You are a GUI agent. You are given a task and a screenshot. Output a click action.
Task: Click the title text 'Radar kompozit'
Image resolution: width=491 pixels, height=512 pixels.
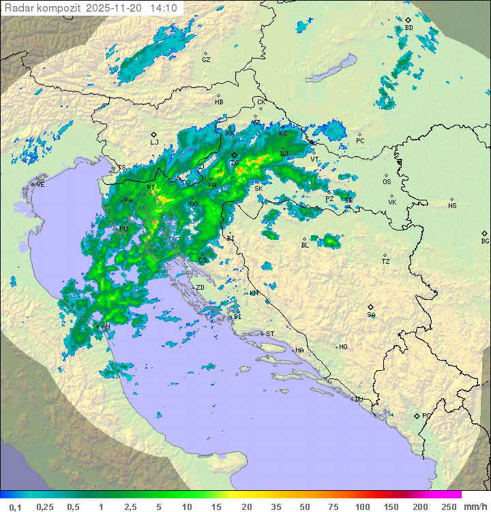(x=40, y=8)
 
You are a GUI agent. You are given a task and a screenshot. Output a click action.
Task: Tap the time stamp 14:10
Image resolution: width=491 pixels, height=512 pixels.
(x=164, y=8)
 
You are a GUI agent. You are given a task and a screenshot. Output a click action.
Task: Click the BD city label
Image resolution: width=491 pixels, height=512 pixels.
(x=408, y=28)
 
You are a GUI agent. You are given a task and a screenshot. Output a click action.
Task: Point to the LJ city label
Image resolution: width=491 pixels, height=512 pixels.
(x=154, y=142)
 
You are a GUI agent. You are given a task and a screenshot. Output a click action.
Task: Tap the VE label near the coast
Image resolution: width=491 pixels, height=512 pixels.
(x=40, y=185)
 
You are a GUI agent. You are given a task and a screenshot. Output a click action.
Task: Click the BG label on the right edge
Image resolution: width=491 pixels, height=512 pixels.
(x=485, y=241)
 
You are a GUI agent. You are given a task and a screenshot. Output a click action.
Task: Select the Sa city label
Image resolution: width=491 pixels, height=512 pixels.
(x=371, y=315)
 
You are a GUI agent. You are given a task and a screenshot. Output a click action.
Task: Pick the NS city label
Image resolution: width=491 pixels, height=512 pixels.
(x=452, y=206)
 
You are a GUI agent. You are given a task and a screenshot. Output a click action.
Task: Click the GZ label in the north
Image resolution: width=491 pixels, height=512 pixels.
(x=206, y=60)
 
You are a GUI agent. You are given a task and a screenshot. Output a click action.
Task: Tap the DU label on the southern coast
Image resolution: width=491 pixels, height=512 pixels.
(x=359, y=400)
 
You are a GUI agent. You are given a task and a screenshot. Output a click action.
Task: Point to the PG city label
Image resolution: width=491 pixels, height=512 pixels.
(x=426, y=415)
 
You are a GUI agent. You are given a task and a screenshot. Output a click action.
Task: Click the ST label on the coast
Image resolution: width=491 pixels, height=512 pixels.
(x=270, y=334)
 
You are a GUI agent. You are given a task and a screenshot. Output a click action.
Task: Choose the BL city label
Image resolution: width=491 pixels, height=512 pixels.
(x=305, y=245)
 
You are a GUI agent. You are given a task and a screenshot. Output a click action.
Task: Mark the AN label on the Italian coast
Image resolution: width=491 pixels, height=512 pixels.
(x=106, y=327)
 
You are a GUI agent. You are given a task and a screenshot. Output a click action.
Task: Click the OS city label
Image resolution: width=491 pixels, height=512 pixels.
(x=387, y=182)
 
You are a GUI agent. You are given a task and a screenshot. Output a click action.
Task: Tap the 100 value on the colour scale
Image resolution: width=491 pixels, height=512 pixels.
(x=363, y=507)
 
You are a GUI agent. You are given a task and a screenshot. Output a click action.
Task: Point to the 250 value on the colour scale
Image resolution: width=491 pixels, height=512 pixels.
(x=449, y=507)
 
